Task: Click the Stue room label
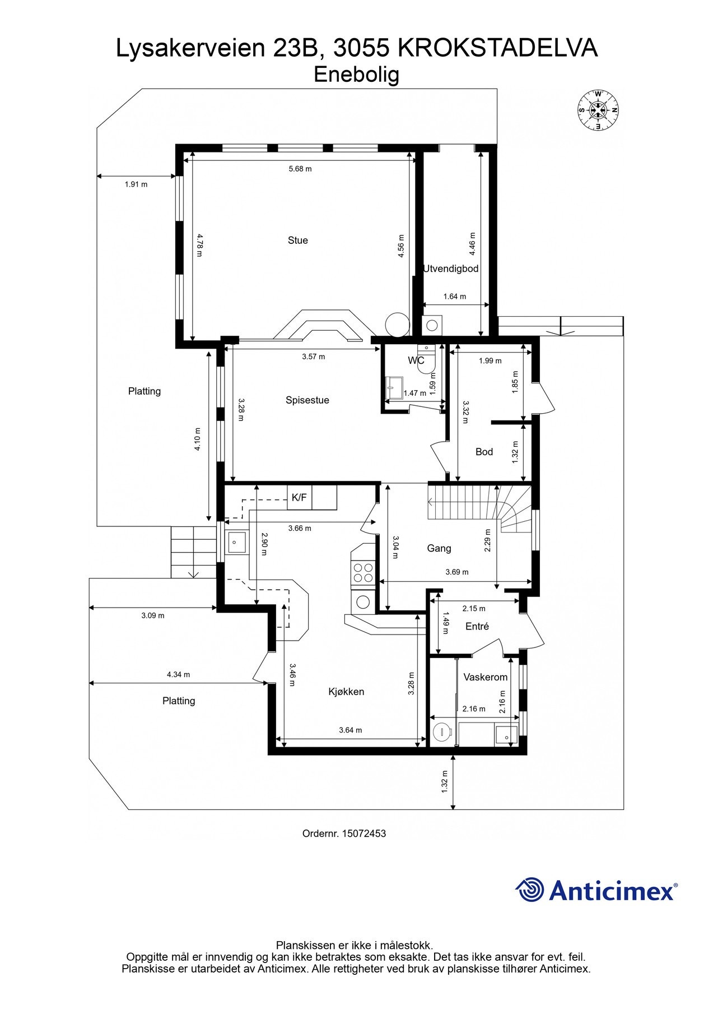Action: coord(297,240)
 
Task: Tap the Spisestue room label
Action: coord(307,400)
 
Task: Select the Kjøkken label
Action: coord(346,692)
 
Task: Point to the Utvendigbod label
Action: coord(450,269)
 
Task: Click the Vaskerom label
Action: coord(485,677)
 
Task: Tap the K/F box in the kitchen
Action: coord(300,497)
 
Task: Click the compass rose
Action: coord(598,110)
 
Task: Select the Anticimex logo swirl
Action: coord(529,890)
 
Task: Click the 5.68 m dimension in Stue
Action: coord(300,169)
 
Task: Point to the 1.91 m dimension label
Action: coord(136,184)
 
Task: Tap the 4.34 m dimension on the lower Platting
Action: coord(178,675)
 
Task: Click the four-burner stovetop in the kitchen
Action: coord(362,572)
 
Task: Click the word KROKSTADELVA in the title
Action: coord(497,48)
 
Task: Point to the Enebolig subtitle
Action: coord(356,75)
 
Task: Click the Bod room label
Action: coord(484,452)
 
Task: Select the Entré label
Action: coord(477,627)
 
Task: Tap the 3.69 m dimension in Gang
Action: coord(457,572)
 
